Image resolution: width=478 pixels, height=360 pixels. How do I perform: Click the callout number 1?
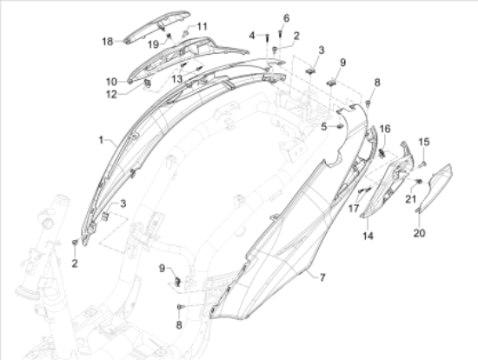click(x=101, y=139)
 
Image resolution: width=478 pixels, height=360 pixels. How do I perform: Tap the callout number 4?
click(x=253, y=35)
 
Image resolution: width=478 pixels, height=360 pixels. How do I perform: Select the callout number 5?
click(x=322, y=126)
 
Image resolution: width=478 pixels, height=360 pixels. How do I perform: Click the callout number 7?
click(x=321, y=277)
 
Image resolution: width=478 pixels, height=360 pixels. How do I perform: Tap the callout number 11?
click(x=202, y=26)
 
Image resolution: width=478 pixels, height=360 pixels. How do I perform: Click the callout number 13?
click(x=176, y=78)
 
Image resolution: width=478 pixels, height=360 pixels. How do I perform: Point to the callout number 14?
click(x=367, y=236)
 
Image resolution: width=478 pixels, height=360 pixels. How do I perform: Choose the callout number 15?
click(x=425, y=141)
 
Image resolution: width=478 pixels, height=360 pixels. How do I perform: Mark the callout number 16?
click(x=385, y=128)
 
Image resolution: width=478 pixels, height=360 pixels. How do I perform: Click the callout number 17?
click(x=354, y=209)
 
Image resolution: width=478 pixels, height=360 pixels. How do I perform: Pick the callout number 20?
click(x=419, y=233)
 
